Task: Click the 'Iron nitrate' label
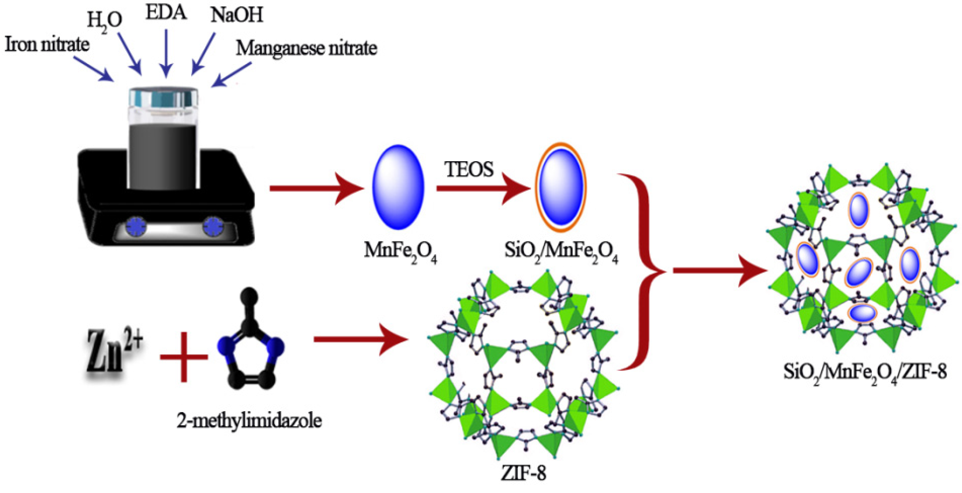[47, 45]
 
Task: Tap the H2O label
[104, 21]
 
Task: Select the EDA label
[166, 13]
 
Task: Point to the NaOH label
[237, 15]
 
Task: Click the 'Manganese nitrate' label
[306, 49]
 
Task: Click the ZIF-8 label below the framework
[523, 473]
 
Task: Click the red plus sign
[184, 357]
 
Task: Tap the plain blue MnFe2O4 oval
[398, 187]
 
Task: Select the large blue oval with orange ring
[561, 187]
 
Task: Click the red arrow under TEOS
[482, 189]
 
